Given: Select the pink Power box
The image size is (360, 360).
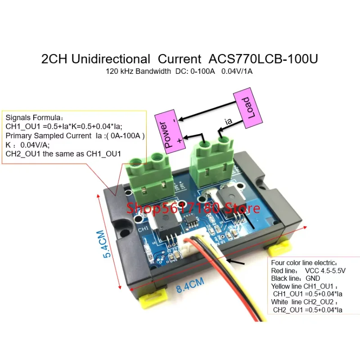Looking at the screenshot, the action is [166, 130].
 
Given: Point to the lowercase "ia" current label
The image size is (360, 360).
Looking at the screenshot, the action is [229, 121].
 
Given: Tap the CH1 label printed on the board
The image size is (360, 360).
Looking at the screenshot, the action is [144, 229].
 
